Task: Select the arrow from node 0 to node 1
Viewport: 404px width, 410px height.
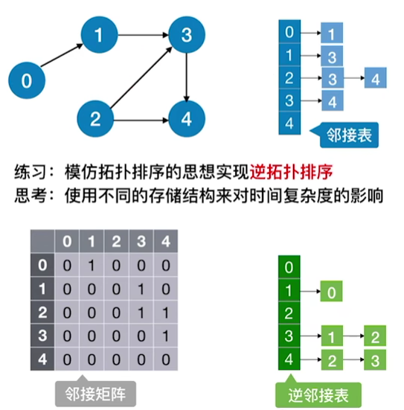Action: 62,57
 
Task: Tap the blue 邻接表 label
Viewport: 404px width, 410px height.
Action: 348,135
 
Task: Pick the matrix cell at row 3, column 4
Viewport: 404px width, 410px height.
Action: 164,336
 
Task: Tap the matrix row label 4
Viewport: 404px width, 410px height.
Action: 42,359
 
